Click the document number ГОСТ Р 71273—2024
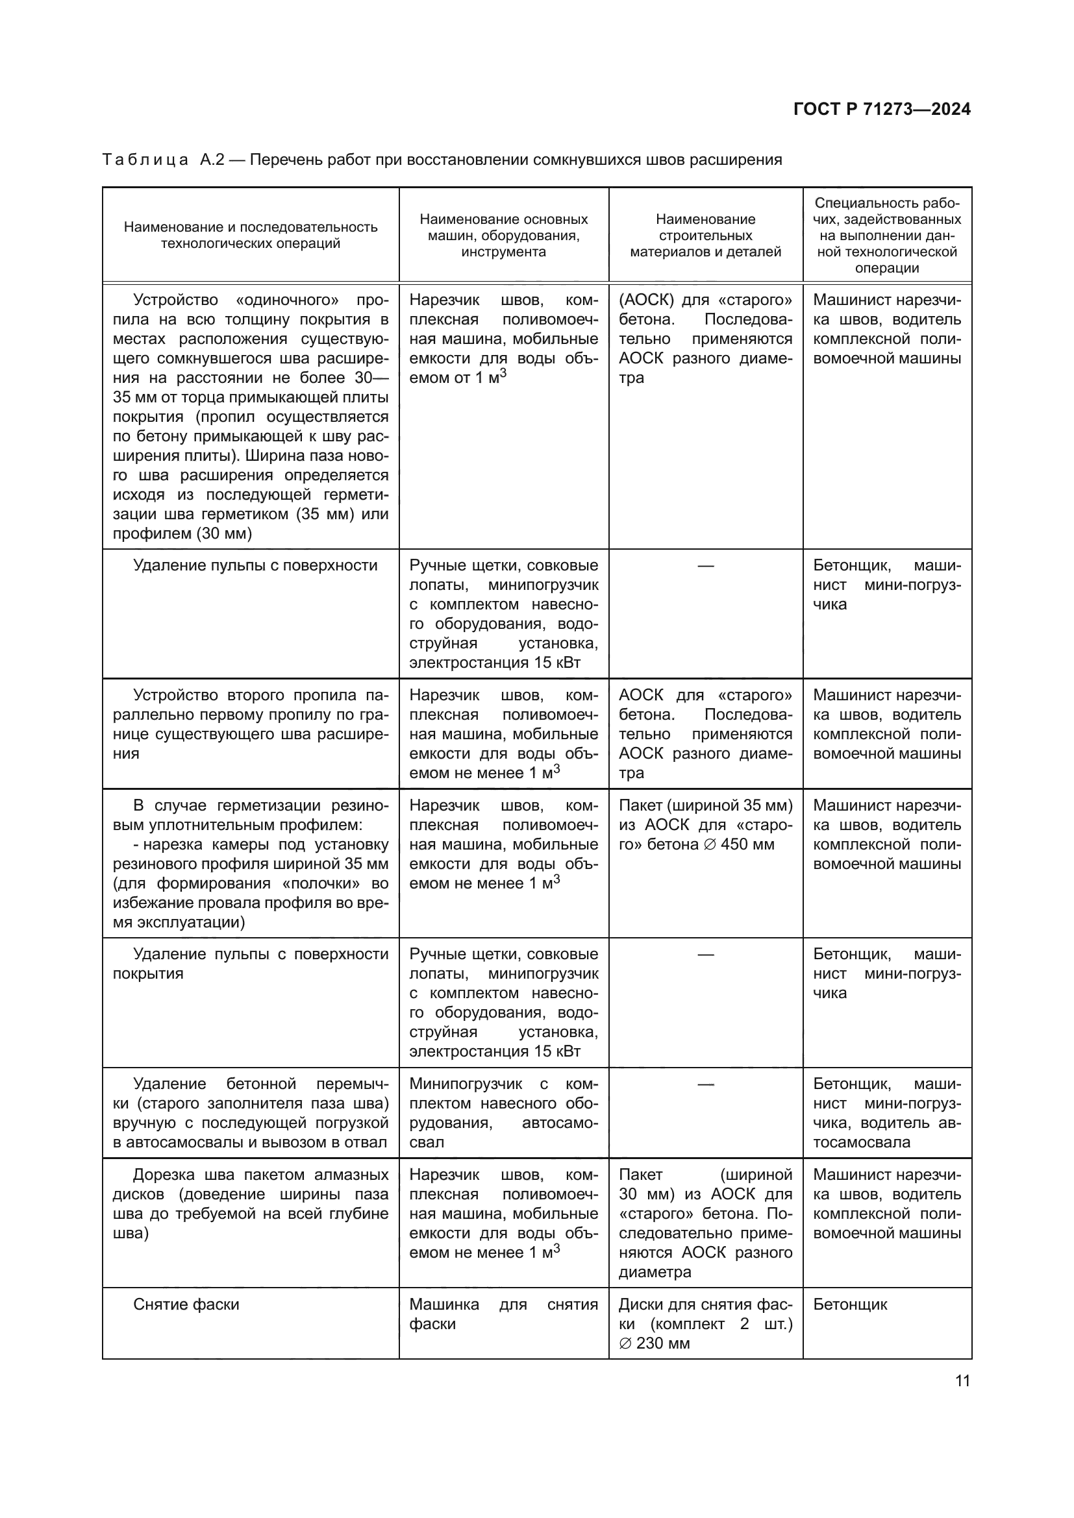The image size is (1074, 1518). [x=882, y=110]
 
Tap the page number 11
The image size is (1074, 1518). [x=962, y=1381]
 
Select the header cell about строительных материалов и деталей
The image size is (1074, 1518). [x=705, y=236]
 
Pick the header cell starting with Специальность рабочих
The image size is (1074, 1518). [x=887, y=236]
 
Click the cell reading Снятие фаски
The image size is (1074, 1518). [x=186, y=1304]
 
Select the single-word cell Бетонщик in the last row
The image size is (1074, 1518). [x=850, y=1304]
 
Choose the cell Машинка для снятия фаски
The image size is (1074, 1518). [x=503, y=1314]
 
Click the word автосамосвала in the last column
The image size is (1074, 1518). [x=862, y=1142]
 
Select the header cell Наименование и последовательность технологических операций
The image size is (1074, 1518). [x=251, y=236]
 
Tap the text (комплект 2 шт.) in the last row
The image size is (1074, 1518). [x=721, y=1325]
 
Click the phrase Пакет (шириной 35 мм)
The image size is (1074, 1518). [x=705, y=806]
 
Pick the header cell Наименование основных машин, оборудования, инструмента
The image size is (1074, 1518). [x=503, y=236]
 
